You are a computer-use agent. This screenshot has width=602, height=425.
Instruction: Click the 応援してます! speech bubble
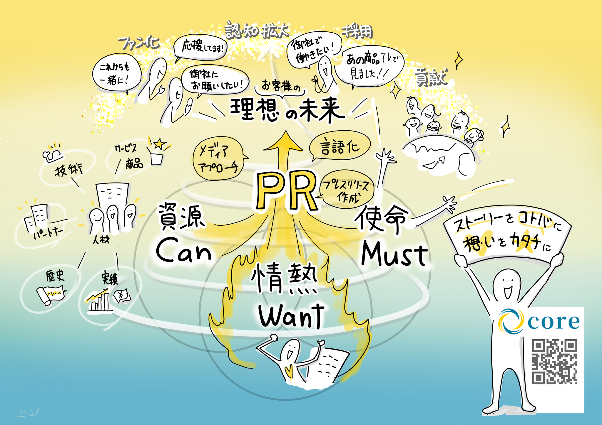click(201, 47)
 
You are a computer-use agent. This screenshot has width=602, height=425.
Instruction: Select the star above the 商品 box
click(159, 144)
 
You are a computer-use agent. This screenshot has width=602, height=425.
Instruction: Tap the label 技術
click(68, 170)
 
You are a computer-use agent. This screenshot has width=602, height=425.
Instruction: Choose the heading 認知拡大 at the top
click(257, 31)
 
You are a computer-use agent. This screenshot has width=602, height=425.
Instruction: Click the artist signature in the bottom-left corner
click(28, 412)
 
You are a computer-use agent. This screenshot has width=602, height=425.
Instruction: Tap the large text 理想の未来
click(287, 110)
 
